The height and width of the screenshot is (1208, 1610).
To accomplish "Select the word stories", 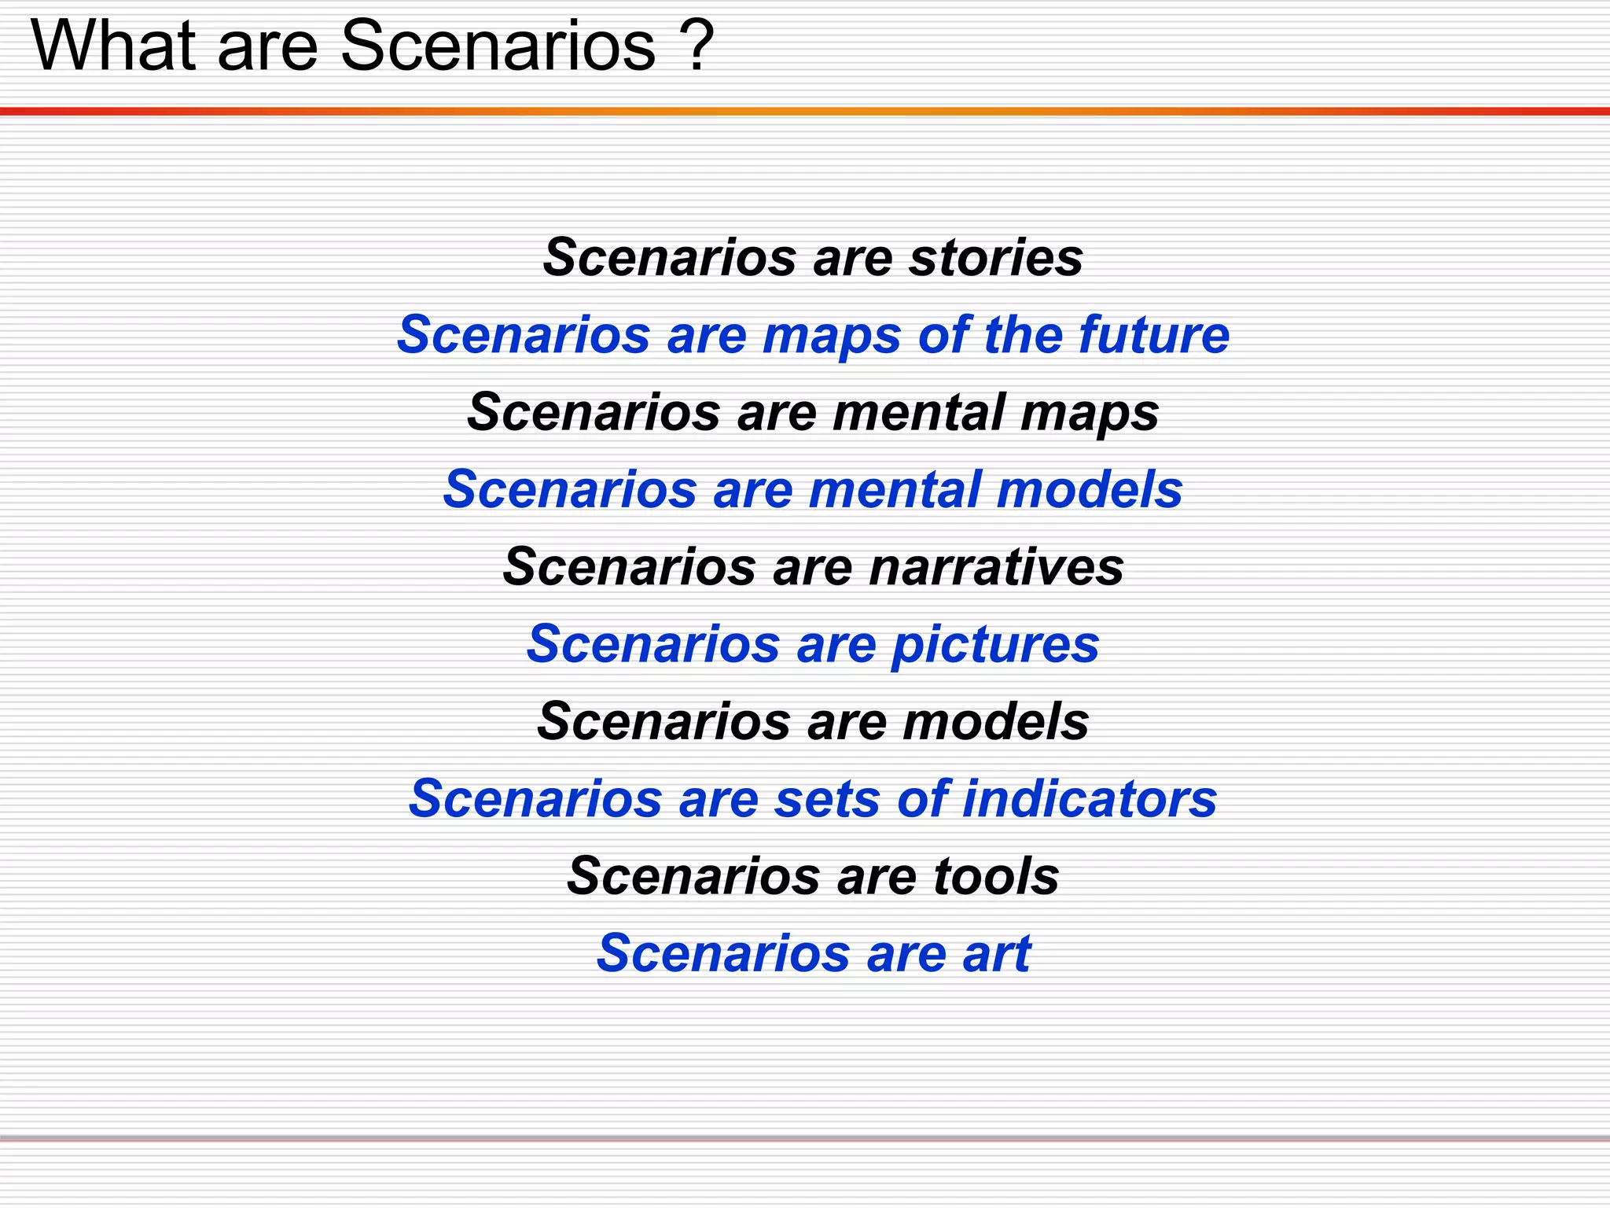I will (x=996, y=257).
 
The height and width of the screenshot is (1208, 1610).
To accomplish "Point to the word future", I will (x=1154, y=334).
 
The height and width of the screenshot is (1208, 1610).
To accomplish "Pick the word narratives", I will (x=996, y=566).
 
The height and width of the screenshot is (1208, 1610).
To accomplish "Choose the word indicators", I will (x=1090, y=799).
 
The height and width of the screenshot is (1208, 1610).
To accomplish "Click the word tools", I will (x=996, y=876).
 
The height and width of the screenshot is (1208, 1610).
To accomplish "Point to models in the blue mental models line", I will (x=1090, y=489).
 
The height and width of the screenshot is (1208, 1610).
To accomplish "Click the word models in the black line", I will (x=996, y=721).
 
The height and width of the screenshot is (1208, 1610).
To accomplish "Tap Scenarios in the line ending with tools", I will (x=693, y=876).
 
